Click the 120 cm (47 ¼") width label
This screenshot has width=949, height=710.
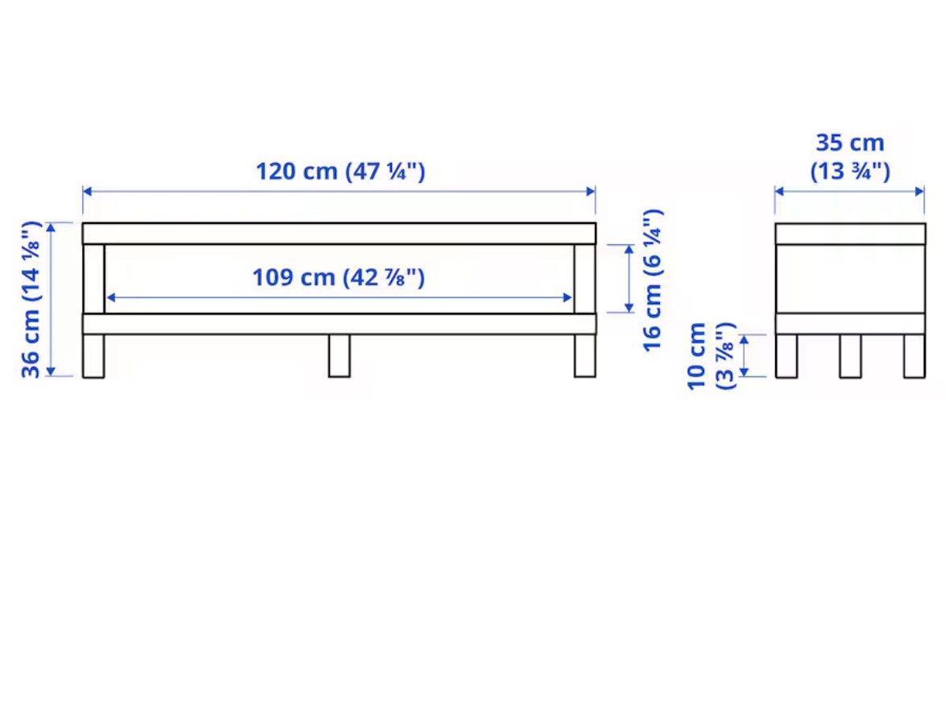[340, 172]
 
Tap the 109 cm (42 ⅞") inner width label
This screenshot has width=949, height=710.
[338, 277]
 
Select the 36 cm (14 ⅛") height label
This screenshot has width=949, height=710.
[31, 299]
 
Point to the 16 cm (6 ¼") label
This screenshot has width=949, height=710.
[653, 280]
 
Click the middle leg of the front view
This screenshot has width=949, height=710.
[339, 355]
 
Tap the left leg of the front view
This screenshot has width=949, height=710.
[93, 355]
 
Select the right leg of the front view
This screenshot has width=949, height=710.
[584, 355]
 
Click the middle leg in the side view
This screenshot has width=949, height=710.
[850, 355]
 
